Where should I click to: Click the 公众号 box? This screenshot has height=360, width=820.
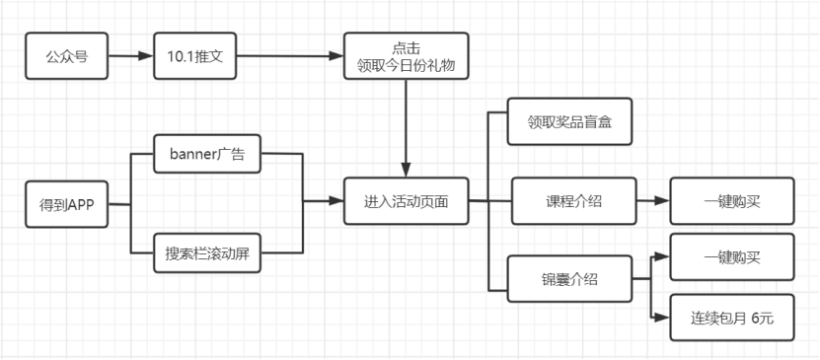coord(67,56)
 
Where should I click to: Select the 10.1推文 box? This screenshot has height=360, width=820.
coord(195,56)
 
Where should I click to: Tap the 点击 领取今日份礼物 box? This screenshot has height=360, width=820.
coord(406,56)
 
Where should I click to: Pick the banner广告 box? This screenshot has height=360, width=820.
coord(207,154)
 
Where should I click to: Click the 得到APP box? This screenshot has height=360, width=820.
coord(67,204)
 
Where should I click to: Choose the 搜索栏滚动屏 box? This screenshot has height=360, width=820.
coord(207,252)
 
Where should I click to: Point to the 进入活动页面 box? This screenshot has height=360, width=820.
coord(406,201)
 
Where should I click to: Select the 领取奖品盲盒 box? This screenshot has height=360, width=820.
coord(569,121)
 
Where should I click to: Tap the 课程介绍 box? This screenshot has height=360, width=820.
coord(573,201)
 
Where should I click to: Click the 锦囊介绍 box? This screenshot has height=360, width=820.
coord(569,278)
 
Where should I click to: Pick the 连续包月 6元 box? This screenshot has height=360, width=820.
coord(732,318)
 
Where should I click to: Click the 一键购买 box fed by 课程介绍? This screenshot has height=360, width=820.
coord(732,201)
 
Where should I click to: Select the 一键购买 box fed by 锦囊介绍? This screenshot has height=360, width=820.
coord(732,257)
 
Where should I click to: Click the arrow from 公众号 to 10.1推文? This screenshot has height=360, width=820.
coord(130,56)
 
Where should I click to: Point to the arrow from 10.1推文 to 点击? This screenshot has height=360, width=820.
coord(290,56)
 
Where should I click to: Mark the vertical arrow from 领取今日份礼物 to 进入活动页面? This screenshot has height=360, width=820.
coord(407,128)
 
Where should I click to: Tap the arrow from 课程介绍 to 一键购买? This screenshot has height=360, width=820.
coord(653,200)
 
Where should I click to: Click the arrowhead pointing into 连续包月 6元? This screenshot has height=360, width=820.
coord(663,318)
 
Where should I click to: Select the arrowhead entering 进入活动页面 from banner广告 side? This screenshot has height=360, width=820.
coord(336,200)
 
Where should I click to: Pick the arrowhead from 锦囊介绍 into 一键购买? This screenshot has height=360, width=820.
coord(663,256)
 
